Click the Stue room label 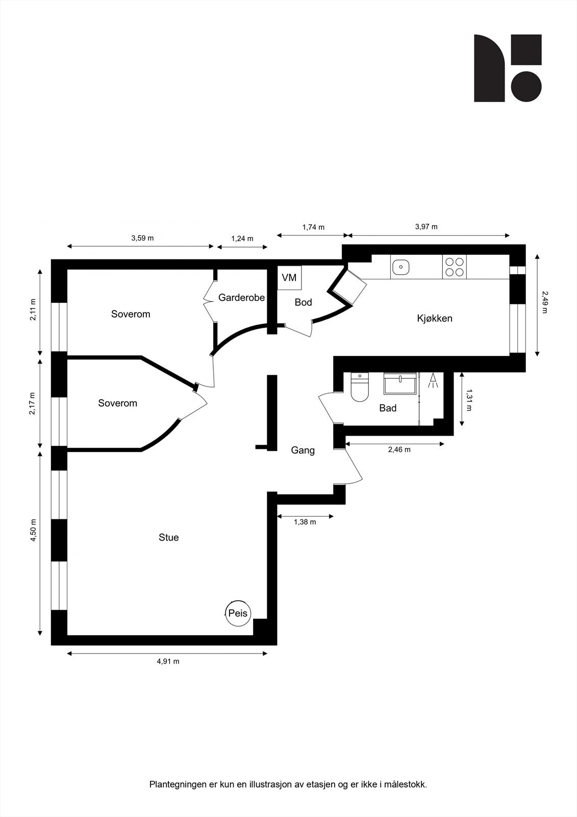click(x=168, y=537)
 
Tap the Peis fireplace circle click(x=238, y=613)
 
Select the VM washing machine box click(x=289, y=278)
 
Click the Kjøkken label click(x=435, y=319)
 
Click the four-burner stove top click(x=455, y=267)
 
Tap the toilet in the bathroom click(x=360, y=388)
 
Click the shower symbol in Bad click(x=433, y=381)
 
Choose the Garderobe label click(x=241, y=297)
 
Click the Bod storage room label click(x=303, y=302)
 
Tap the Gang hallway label click(x=303, y=450)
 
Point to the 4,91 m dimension click(x=168, y=661)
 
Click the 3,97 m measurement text click(x=427, y=227)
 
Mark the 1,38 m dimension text click(x=305, y=522)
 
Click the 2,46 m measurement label click(x=399, y=450)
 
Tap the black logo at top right click(x=508, y=68)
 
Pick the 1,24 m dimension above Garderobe click(x=242, y=238)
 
